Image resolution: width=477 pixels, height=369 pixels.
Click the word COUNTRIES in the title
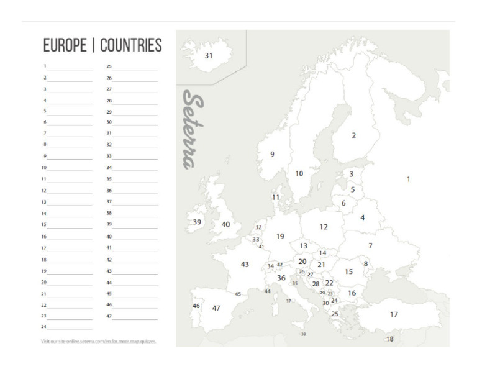131,45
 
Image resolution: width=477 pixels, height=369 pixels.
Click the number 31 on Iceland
209,55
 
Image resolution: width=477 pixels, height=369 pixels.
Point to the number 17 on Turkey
394,314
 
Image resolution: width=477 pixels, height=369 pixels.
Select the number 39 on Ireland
197,222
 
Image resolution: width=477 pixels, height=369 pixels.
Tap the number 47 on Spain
216,308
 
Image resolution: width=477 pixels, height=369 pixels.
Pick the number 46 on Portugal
196,306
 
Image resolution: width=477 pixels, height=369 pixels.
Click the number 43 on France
245,264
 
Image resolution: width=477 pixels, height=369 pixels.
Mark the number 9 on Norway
272,154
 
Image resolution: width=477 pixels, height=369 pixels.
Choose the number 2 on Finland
354,135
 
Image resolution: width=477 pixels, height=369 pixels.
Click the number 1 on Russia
408,179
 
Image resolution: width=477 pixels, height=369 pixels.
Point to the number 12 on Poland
324,227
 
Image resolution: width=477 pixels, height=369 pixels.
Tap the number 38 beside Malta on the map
303,334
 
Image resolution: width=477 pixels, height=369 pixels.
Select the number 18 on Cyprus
390,339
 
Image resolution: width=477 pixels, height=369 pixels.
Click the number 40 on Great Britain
225,224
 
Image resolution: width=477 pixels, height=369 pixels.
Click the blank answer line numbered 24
70,328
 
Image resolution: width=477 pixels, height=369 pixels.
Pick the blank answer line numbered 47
135,317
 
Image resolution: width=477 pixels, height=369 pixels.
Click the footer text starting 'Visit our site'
99,341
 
